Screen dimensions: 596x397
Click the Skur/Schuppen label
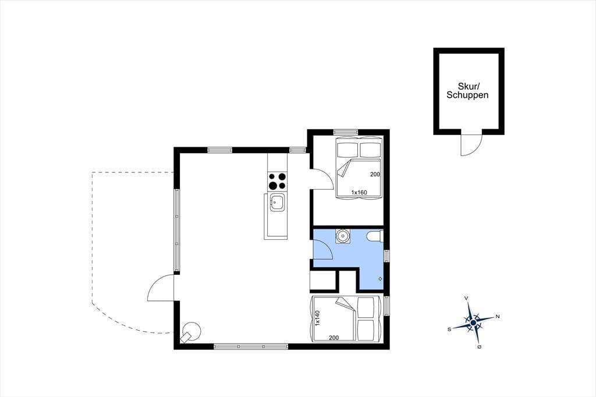pyautogui.click(x=467, y=91)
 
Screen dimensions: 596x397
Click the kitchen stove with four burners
pyautogui.click(x=277, y=182)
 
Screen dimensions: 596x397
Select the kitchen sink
pyautogui.click(x=276, y=202)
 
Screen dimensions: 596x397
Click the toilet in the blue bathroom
pyautogui.click(x=375, y=236)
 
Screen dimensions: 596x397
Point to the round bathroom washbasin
pyautogui.click(x=343, y=236)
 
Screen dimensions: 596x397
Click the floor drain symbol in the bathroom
pyautogui.click(x=380, y=279)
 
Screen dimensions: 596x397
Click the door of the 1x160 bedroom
pyautogui.click(x=322, y=179)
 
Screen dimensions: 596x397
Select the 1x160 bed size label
pyautogui.click(x=359, y=193)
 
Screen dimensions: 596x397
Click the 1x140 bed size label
pyautogui.click(x=317, y=318)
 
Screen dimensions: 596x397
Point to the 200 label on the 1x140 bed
pyautogui.click(x=334, y=337)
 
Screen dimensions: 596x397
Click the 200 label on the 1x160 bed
pyautogui.click(x=375, y=175)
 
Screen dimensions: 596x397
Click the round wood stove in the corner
pyautogui.click(x=191, y=332)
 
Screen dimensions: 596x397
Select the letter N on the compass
pyautogui.click(x=498, y=317)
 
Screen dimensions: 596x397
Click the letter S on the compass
pyautogui.click(x=449, y=329)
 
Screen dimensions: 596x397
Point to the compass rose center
pyautogui.click(x=473, y=323)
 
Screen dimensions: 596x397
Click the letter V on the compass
pyautogui.click(x=466, y=299)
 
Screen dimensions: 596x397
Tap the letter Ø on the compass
pyautogui.click(x=480, y=347)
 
